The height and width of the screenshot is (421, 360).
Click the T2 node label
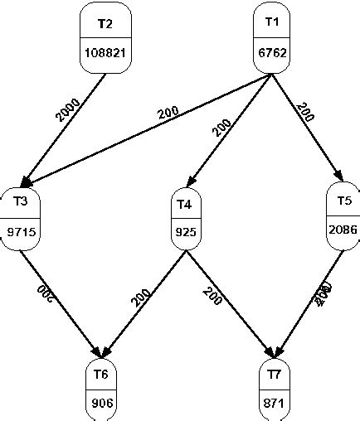(105, 23)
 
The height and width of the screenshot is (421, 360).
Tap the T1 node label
(274, 23)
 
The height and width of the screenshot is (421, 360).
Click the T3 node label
(20, 201)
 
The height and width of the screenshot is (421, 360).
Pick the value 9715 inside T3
(20, 233)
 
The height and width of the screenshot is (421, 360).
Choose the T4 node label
(184, 203)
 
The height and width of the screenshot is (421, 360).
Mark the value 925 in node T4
(184, 234)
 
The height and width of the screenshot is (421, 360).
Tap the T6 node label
(102, 375)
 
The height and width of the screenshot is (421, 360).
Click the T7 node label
(275, 375)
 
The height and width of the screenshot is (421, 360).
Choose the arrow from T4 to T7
(231, 302)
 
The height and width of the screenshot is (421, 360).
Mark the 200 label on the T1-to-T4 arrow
(222, 126)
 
